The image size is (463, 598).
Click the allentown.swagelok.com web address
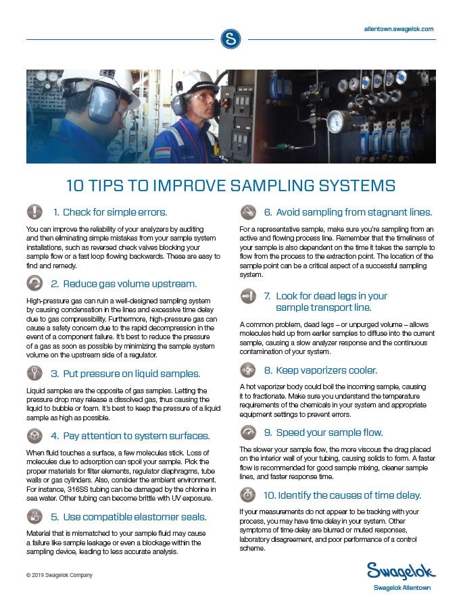coord(398,29)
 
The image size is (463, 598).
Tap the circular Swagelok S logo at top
coord(230,39)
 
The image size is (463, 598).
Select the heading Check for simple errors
coord(114,212)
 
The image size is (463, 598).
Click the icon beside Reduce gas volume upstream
coord(34,283)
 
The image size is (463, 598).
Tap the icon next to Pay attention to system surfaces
coord(34,436)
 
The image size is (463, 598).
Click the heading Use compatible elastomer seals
coord(129,517)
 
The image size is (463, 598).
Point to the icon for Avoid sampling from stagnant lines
coord(248,212)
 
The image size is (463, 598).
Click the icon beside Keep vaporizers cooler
coord(248,370)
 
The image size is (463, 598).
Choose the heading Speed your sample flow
coord(323,432)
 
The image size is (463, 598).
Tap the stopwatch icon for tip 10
coord(248,495)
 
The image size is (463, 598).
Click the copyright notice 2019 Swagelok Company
coord(59,575)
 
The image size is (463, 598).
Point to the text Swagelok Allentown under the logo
coord(401,588)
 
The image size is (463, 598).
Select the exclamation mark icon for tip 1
coord(34,211)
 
